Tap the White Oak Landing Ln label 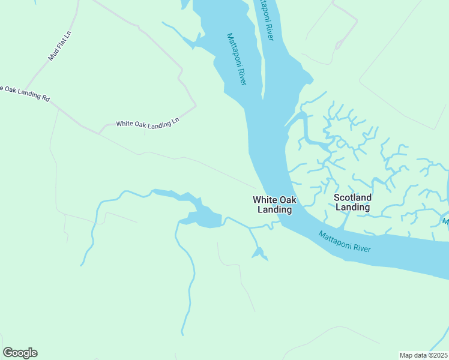tap(148, 123)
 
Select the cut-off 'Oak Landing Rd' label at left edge tap(25, 92)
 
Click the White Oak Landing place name tap(274, 205)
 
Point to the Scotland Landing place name tap(352, 202)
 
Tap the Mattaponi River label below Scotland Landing tap(345, 241)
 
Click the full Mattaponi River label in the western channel tap(237, 59)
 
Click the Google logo tap(20, 353)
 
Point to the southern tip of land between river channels tap(262, 96)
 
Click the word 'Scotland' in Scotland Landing tap(352, 197)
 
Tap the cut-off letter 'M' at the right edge tap(445, 222)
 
